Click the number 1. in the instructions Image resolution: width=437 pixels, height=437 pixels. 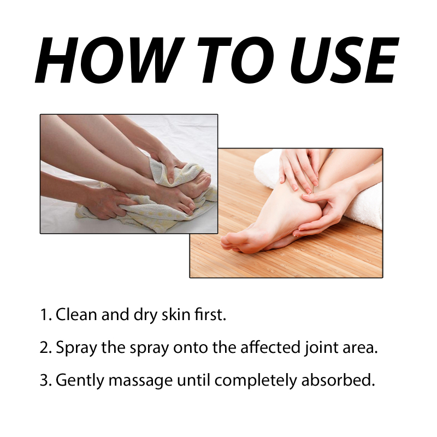(x=46, y=315)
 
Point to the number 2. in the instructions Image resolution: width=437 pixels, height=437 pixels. (x=46, y=347)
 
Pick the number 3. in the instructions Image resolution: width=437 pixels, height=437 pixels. (x=46, y=380)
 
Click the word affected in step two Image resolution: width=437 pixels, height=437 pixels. (x=270, y=347)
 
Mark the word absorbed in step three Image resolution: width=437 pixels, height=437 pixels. (x=338, y=380)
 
